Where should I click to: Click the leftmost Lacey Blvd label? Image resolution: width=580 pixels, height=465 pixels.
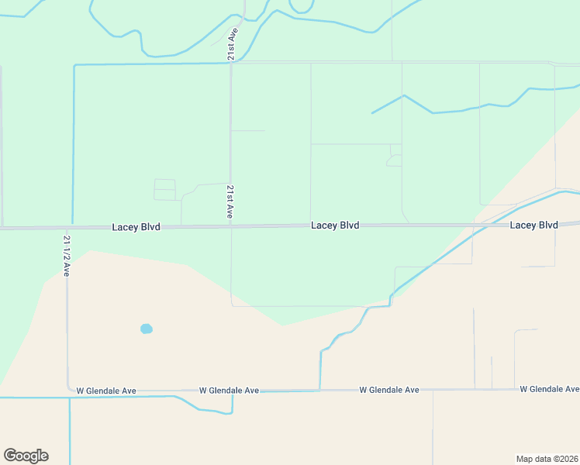(136, 227)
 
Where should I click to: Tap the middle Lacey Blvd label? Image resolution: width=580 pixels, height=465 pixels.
(335, 226)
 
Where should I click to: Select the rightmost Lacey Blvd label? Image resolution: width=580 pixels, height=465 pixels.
(533, 225)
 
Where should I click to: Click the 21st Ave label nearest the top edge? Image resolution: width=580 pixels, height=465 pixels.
(231, 45)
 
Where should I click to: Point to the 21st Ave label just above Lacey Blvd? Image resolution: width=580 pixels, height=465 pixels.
(230, 201)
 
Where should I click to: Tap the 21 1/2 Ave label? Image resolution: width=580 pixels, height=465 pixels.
(67, 256)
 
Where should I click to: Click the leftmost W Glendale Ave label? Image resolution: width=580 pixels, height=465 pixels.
(105, 391)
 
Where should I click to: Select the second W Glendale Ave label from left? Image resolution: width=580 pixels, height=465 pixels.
(229, 391)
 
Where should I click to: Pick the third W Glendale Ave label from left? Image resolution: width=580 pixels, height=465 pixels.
(389, 390)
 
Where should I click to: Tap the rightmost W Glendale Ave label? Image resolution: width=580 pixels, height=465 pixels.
(549, 389)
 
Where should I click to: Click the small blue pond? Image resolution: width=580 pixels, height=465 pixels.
(147, 329)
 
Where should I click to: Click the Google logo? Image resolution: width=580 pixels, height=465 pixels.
(26, 456)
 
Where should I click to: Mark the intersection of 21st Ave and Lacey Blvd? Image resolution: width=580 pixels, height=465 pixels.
(231, 227)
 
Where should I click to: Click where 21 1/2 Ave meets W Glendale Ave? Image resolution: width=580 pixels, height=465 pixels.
(67, 391)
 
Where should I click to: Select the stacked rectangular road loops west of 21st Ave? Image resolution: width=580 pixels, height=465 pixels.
(165, 190)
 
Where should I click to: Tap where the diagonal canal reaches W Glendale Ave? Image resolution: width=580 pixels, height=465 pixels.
(320, 389)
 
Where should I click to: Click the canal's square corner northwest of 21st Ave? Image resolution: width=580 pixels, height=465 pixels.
(74, 66)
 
